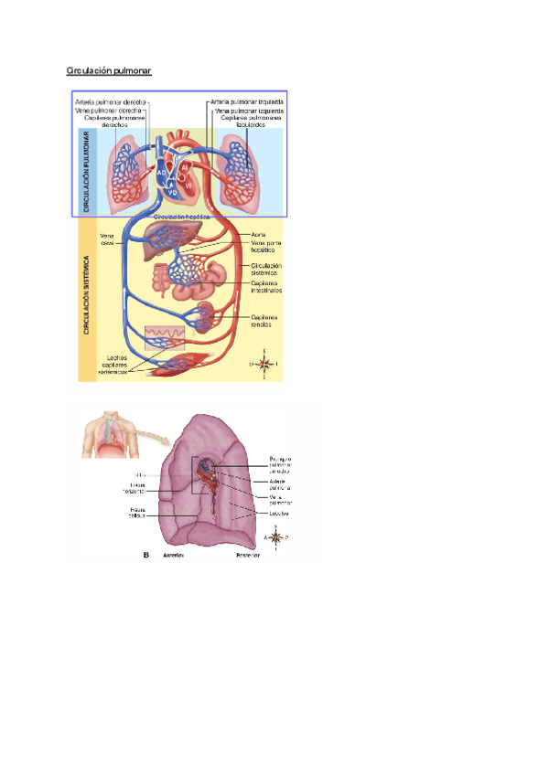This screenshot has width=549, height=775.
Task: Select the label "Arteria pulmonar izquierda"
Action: point(245,101)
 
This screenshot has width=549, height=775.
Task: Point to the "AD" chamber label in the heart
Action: point(161,171)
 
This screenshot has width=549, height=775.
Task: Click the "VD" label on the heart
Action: point(173,192)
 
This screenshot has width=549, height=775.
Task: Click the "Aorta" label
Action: point(258,234)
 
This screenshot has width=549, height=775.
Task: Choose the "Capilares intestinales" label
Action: point(266,287)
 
